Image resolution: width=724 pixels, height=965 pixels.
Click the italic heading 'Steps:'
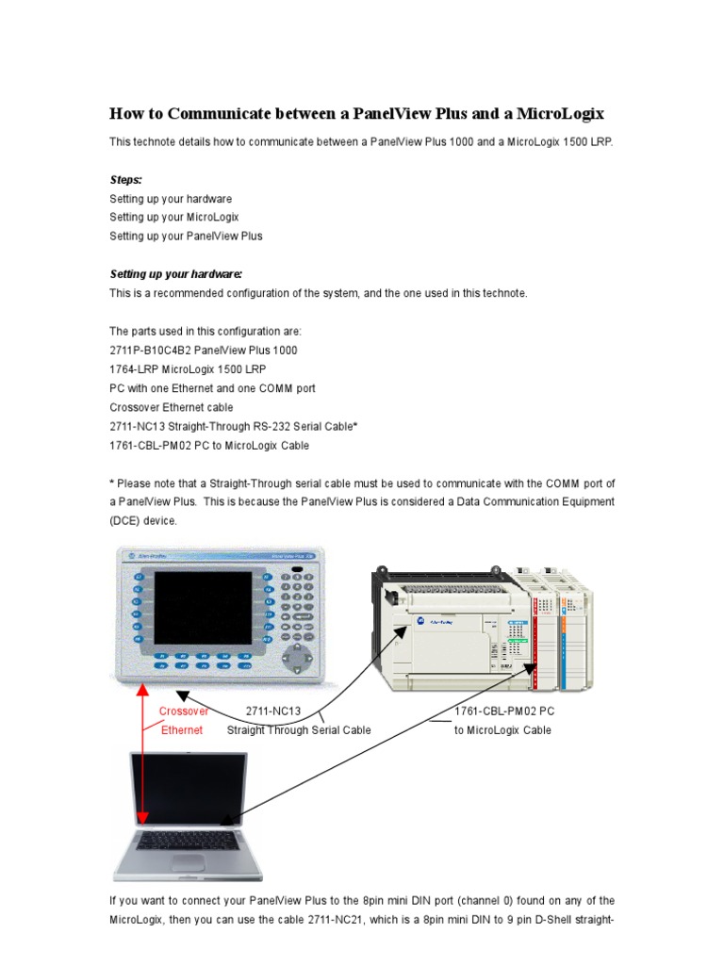point(125,179)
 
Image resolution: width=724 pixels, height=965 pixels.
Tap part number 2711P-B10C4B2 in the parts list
point(155,350)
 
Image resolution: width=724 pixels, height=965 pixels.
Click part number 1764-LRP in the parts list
point(136,368)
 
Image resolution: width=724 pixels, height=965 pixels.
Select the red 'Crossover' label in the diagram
point(183,711)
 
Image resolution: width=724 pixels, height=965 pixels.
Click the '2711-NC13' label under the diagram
point(272,711)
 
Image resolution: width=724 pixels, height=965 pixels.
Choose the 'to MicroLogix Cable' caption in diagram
point(502,730)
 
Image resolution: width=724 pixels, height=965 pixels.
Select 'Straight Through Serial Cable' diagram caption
point(299,730)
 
